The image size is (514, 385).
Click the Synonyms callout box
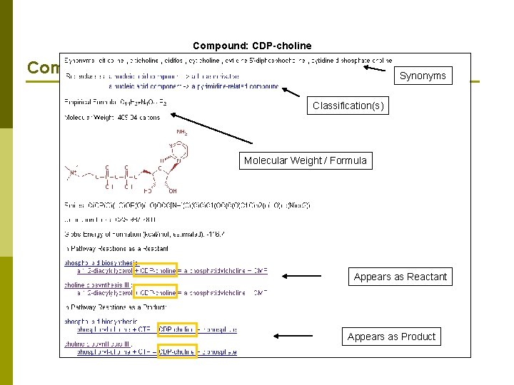[x=423, y=76]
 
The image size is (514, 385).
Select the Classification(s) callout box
[x=348, y=106]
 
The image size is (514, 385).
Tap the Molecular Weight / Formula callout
[x=305, y=160]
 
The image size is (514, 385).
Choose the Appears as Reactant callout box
[x=400, y=277]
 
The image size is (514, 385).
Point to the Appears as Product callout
[x=391, y=337]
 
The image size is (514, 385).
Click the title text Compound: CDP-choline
[x=252, y=46]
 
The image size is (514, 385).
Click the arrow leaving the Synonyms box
[x=378, y=68]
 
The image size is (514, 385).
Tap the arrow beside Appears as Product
[x=293, y=335]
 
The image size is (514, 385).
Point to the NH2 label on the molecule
[x=183, y=132]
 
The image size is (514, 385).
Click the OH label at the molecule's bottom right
[x=173, y=191]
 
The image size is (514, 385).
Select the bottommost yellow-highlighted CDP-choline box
[x=177, y=351]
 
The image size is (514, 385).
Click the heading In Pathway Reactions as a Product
[x=115, y=307]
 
